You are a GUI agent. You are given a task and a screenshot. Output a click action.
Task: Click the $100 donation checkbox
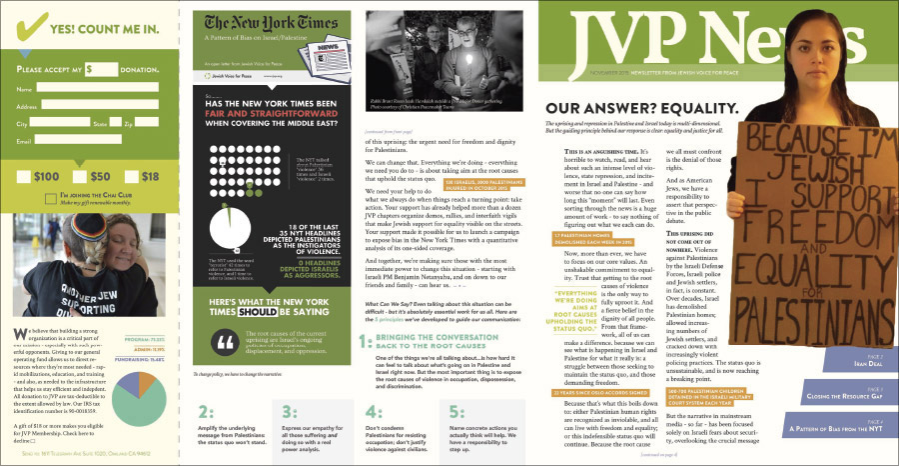(x=26, y=177)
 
